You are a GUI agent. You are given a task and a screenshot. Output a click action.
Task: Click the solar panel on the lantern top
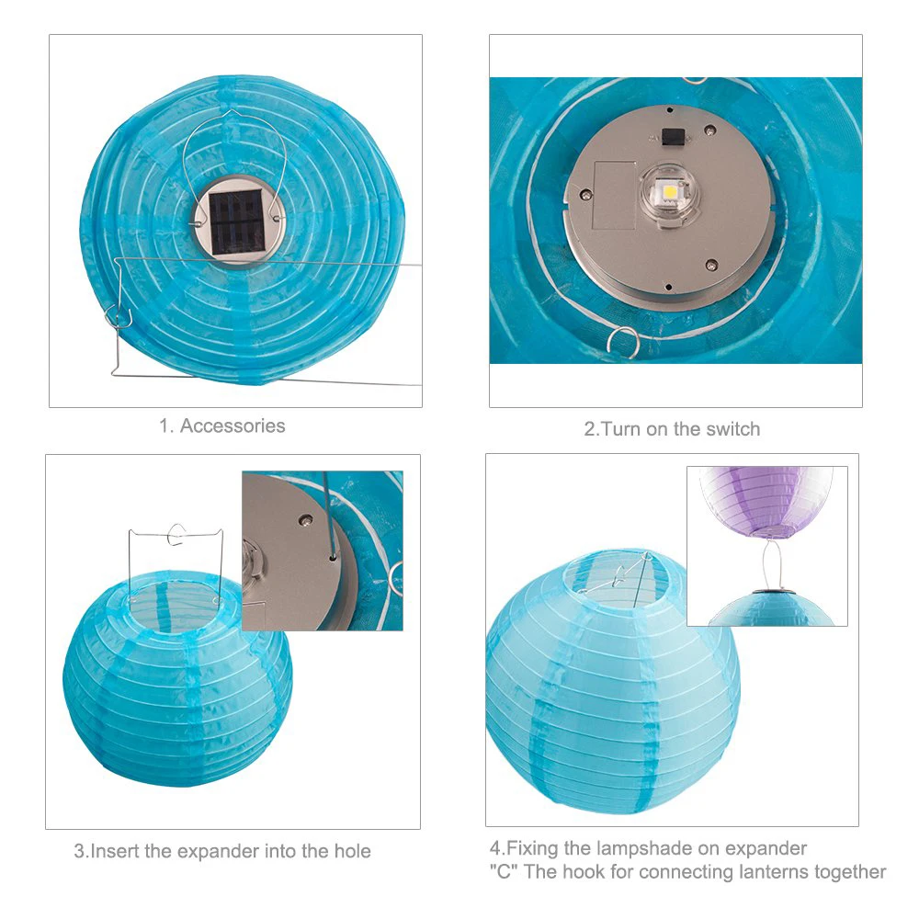pyautogui.click(x=235, y=222)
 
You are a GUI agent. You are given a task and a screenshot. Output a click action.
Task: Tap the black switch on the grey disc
pyautogui.click(x=669, y=137)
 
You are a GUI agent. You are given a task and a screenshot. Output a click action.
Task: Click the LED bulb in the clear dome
pyautogui.click(x=668, y=191)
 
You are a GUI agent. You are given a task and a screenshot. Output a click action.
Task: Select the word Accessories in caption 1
pyautogui.click(x=233, y=425)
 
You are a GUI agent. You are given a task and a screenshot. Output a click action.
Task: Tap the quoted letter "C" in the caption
pyautogui.click(x=504, y=871)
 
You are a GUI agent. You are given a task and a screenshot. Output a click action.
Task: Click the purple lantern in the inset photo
pyautogui.click(x=766, y=502)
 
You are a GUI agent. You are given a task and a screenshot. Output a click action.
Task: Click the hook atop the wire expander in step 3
pyautogui.click(x=176, y=534)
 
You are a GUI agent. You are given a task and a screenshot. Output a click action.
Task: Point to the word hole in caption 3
pyautogui.click(x=352, y=851)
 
